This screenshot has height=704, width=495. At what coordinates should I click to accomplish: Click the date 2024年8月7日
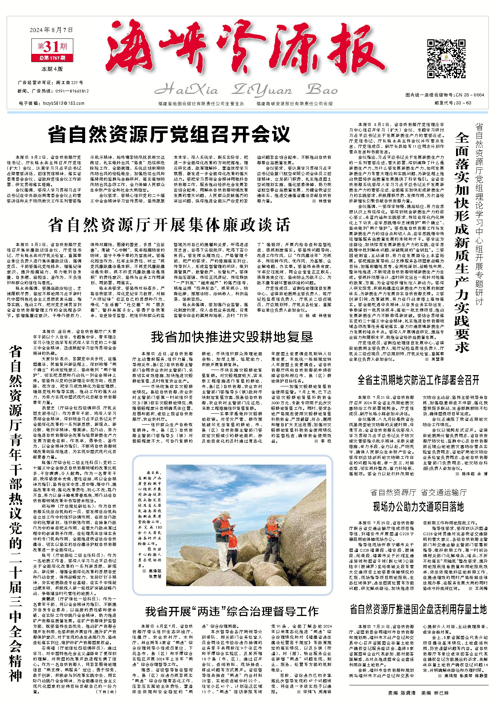click(x=51, y=30)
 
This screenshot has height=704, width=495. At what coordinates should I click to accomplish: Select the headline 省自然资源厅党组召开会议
click(x=169, y=134)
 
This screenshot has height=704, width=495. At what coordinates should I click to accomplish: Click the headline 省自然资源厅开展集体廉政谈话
click(x=169, y=225)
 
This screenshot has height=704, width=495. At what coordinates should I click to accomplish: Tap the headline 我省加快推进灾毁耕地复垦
click(x=232, y=337)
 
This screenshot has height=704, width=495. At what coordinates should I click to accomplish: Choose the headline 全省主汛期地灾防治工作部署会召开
click(x=418, y=381)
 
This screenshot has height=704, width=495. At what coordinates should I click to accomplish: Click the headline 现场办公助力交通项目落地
click(x=418, y=506)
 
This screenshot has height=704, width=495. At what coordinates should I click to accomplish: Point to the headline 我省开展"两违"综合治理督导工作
click(x=232, y=611)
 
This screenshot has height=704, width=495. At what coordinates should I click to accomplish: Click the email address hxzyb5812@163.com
click(x=64, y=103)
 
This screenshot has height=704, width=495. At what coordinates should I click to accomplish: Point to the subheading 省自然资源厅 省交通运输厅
click(x=418, y=492)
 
